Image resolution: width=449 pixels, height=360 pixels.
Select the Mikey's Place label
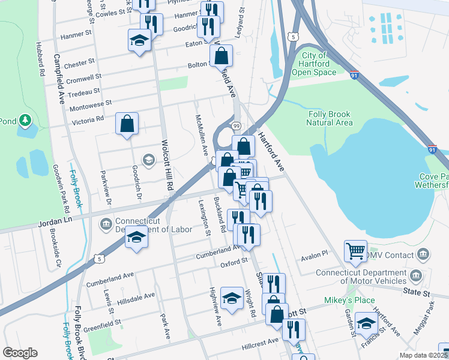click(x=358, y=300)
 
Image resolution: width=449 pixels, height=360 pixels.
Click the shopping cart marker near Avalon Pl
click(x=355, y=251)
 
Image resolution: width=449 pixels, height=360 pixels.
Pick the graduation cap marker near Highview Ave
click(x=232, y=298)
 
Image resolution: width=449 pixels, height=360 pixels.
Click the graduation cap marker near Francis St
click(x=366, y=324)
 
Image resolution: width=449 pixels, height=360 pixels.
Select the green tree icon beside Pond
click(x=25, y=121)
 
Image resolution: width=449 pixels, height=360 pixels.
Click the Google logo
click(x=20, y=353)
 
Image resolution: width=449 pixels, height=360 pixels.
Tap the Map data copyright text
click(x=423, y=355)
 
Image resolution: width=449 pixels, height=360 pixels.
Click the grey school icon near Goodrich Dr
click(x=148, y=159)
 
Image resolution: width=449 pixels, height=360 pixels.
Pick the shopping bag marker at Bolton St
click(x=221, y=56)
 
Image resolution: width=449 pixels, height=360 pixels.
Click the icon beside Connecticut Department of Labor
click(x=106, y=224)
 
